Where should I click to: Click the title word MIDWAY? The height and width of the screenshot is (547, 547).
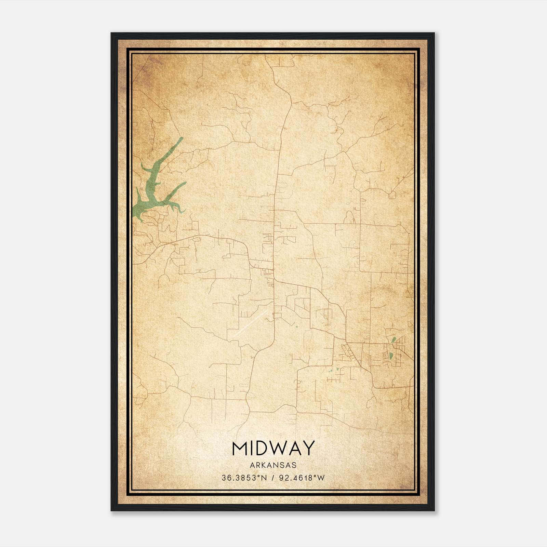click(273, 448)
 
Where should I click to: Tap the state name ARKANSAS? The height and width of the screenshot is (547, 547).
click(273, 465)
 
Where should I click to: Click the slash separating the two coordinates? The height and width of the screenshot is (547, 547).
click(272, 478)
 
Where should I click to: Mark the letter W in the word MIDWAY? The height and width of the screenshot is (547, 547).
click(279, 448)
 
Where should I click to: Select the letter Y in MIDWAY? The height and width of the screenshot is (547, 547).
click(308, 448)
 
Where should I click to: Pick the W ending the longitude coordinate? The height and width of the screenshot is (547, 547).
click(321, 478)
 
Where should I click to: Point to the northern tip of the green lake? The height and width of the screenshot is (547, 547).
click(182, 138)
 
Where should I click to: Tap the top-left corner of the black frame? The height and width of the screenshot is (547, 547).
click(111, 34)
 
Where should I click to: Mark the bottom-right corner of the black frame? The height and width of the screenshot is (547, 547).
click(434, 510)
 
